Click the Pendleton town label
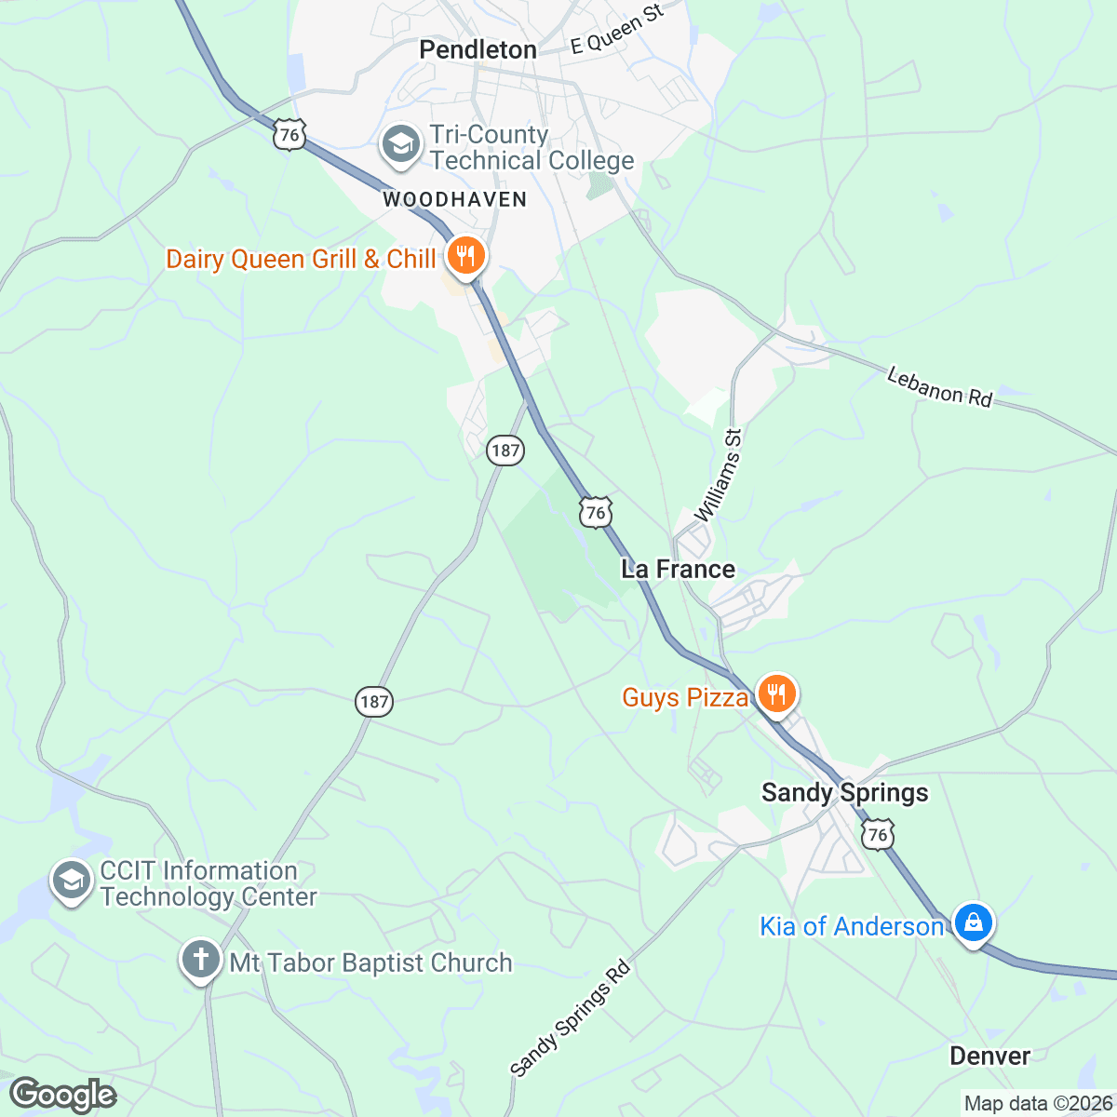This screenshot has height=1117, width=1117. [478, 50]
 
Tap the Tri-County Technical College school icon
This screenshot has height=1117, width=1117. [402, 147]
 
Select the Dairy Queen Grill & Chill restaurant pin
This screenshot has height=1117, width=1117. [464, 255]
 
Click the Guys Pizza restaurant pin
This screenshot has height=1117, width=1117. [774, 693]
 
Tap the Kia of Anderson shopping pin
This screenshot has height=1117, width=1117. [973, 922]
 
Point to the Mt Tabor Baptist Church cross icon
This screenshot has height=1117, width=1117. [201, 961]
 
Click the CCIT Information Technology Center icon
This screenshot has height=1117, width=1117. [72, 881]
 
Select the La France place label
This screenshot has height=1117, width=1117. [678, 570]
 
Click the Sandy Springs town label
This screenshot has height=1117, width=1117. [844, 793]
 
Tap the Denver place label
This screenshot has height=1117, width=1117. [989, 1056]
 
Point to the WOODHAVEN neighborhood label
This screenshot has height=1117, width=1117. [454, 199]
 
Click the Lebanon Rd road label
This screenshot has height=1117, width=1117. [939, 387]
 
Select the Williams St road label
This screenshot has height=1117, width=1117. [720, 476]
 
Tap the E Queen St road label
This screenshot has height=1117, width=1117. [617, 28]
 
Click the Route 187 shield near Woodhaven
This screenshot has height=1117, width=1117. [505, 451]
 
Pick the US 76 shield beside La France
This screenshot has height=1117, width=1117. [596, 512]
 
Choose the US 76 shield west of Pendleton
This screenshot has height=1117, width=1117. [289, 135]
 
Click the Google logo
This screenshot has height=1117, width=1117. [62, 1095]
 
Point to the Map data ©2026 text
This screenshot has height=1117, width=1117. [1038, 1104]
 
